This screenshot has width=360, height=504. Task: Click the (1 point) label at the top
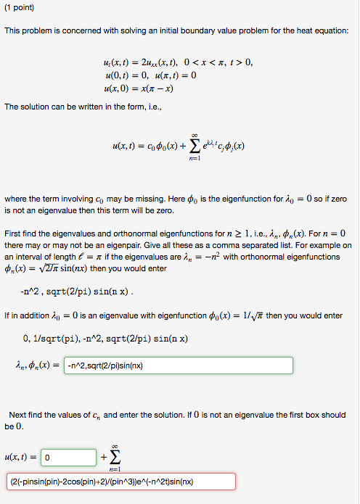(x=20, y=8)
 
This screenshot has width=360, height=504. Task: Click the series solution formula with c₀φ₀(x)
(x=178, y=146)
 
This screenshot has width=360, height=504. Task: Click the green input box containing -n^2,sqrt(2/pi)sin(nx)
(x=179, y=365)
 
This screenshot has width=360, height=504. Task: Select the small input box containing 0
(x=69, y=458)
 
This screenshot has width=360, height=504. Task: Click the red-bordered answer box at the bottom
(x=121, y=482)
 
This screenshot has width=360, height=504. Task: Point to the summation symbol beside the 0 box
(x=116, y=458)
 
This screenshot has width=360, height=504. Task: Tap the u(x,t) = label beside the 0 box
(x=21, y=458)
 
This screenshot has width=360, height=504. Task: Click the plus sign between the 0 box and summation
(x=103, y=458)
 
